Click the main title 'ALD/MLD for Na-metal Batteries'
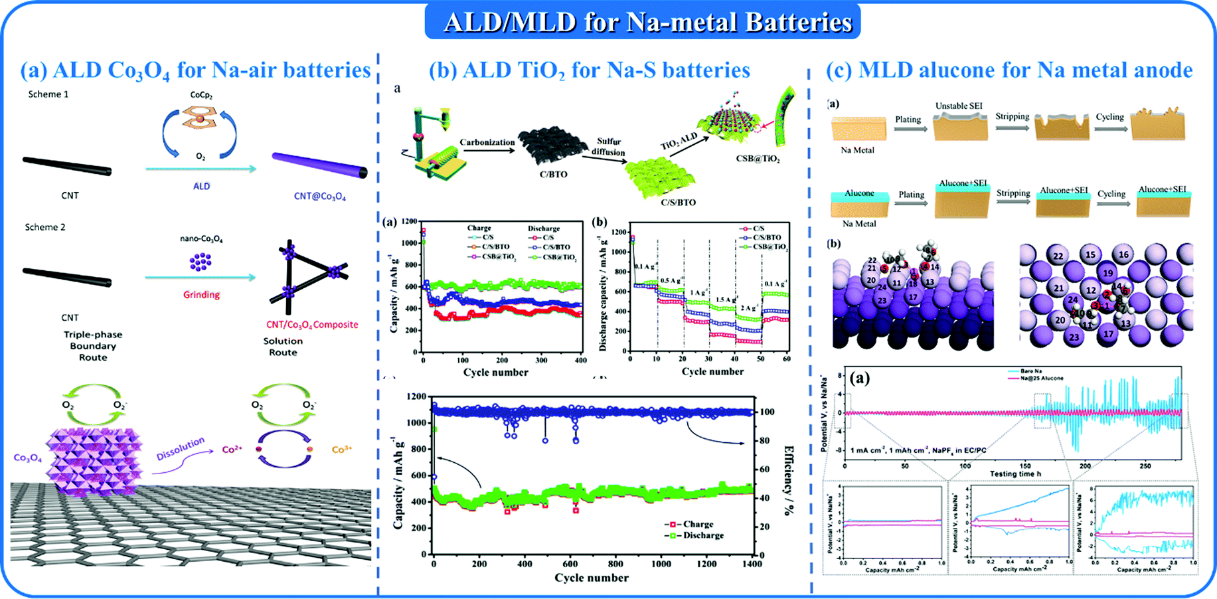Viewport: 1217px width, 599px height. (647, 22)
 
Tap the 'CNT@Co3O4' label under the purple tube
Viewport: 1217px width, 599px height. (320, 197)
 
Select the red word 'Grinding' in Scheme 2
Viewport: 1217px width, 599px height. (201, 295)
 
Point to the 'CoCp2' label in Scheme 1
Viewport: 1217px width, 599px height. (201, 96)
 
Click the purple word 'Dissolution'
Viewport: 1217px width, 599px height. (180, 449)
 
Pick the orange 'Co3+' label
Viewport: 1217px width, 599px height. (341, 450)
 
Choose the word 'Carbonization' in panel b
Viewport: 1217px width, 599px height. (487, 142)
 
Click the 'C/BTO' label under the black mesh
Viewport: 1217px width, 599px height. (553, 175)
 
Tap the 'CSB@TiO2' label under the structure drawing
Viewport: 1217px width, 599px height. (758, 159)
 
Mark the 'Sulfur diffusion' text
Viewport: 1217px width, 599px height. (608, 147)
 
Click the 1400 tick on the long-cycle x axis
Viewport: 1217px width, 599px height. (752, 564)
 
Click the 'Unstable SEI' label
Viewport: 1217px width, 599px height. (958, 106)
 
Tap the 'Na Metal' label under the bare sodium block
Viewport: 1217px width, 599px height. (857, 150)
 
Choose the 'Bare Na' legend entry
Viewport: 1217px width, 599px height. (1031, 371)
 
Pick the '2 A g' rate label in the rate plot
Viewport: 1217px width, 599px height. (748, 308)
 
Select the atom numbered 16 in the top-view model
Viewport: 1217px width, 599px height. (1123, 254)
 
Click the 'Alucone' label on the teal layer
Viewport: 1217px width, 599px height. (859, 193)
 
